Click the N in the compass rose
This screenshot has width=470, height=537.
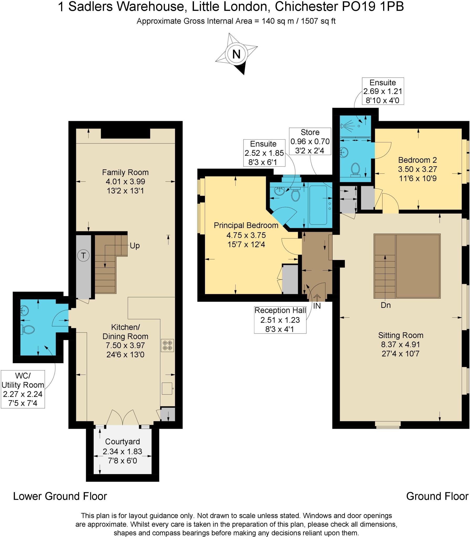click(x=236, y=54)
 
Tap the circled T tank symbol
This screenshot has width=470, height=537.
click(x=83, y=255)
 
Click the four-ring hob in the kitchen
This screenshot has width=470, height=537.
click(x=167, y=345)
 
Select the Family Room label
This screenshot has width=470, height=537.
click(x=125, y=173)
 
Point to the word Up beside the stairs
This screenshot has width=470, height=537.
click(x=135, y=246)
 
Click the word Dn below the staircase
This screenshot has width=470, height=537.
click(x=385, y=305)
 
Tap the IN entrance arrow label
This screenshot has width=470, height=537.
click(x=317, y=306)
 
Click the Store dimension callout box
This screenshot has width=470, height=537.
click(x=310, y=141)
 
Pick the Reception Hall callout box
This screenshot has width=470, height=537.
click(x=280, y=320)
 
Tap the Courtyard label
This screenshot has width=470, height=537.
click(x=122, y=442)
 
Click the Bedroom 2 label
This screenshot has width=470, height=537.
click(x=417, y=160)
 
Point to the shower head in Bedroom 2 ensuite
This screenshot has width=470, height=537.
click(x=343, y=126)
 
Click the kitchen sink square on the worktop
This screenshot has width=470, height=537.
click(x=167, y=388)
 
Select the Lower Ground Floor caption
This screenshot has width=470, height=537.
click(x=60, y=496)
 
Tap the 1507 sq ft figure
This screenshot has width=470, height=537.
click(x=318, y=21)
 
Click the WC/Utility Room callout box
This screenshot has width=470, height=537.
click(x=23, y=389)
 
